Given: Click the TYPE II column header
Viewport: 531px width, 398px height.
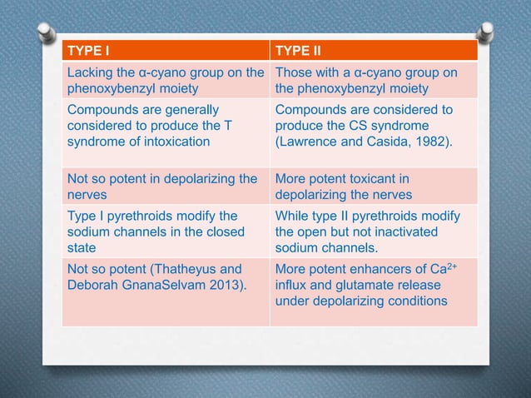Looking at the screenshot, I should point(298,50).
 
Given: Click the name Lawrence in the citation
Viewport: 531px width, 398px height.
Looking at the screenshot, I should point(310,141).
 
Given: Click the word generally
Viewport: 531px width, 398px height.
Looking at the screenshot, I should point(191,109).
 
